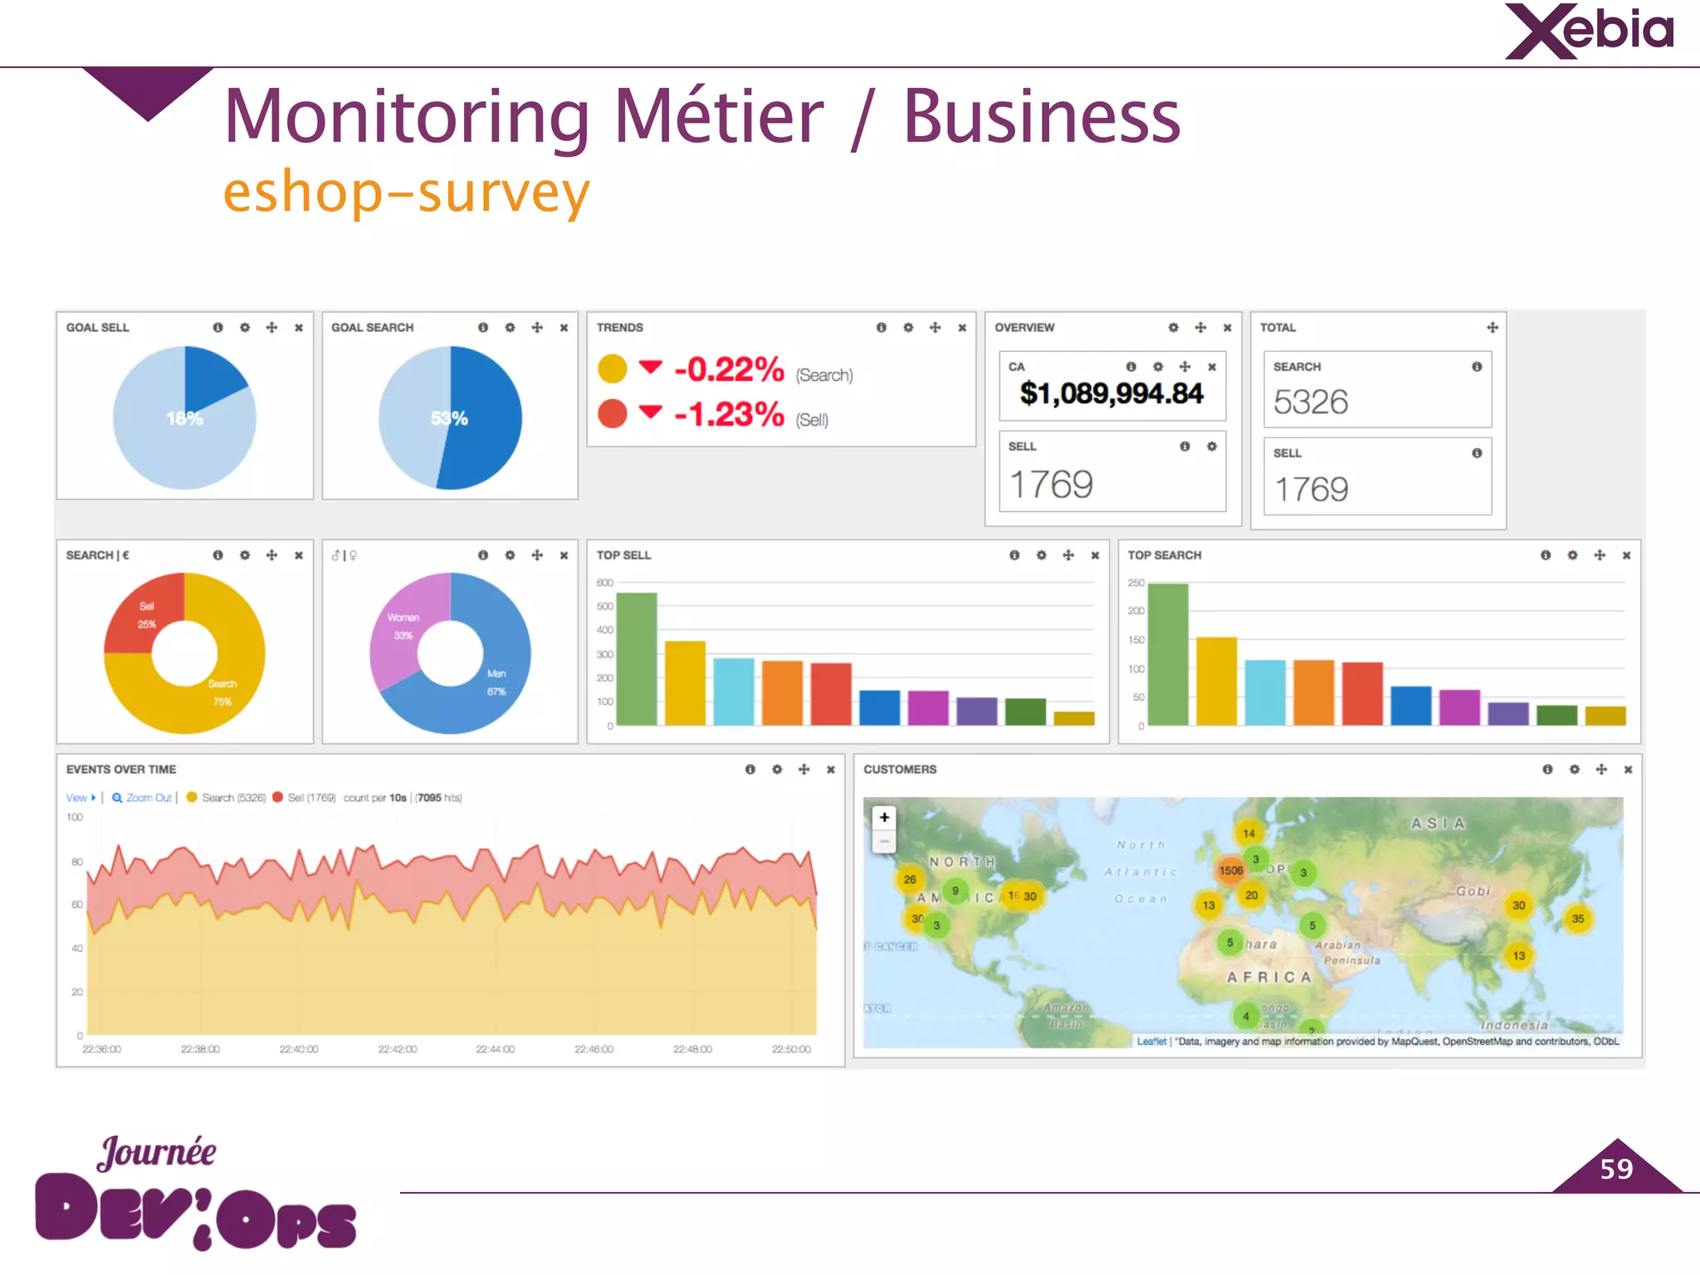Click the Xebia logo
tap(1589, 32)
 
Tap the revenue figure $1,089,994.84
tap(1111, 393)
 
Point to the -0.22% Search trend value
tap(729, 370)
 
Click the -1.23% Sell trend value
tap(729, 414)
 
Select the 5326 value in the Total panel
tap(1311, 403)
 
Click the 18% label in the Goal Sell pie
tap(184, 418)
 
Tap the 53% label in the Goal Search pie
tap(449, 418)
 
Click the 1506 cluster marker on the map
tap(1230, 871)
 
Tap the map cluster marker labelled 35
tap(1577, 919)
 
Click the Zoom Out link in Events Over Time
tap(149, 798)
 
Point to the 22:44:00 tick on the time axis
tap(495, 1049)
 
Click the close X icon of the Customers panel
tap(1628, 769)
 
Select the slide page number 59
tap(1616, 1169)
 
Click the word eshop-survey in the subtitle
tap(407, 193)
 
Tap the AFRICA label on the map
tap(1269, 977)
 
